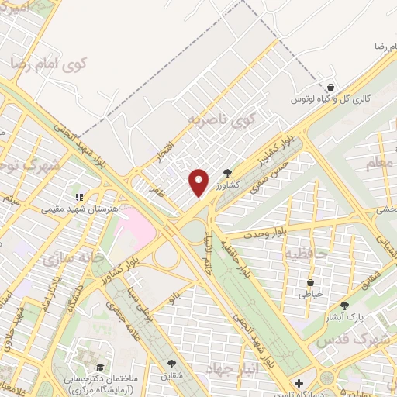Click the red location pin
pos(199,181)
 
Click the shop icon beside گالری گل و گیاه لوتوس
pos(331,88)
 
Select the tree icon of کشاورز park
pos(226,173)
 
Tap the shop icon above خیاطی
pos(310,282)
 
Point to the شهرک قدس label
pos(356,340)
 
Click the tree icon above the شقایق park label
pos(171,362)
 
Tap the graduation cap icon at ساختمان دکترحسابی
pos(99,367)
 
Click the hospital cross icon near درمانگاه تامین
pos(299,383)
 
